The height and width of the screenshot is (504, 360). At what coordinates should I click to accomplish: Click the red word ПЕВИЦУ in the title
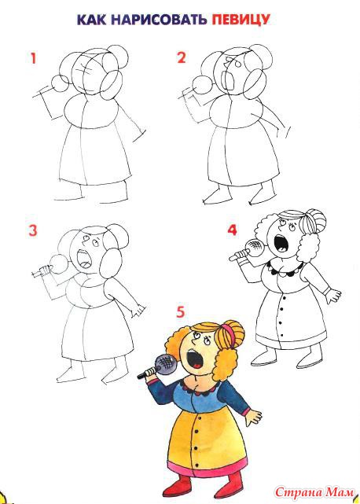coord(241,20)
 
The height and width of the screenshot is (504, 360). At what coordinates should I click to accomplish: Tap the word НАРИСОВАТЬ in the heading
coord(159,20)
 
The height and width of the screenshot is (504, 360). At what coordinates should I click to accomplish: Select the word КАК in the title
coord(92,20)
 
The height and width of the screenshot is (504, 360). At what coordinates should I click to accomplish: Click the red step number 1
coord(33,58)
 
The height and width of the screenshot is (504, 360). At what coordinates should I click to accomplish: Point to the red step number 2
coord(182,58)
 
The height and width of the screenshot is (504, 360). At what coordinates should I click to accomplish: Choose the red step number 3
coord(33,230)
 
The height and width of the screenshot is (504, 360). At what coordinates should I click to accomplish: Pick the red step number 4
coord(232,230)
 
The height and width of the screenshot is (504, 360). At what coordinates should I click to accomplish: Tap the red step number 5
coord(181,312)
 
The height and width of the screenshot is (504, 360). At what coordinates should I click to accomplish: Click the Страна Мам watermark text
coord(314,492)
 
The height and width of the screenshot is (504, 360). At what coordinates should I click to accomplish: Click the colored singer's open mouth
coord(196,359)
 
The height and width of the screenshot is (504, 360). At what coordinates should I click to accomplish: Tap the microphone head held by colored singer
coord(166,364)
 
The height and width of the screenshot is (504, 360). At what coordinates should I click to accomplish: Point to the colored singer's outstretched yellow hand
coord(254,418)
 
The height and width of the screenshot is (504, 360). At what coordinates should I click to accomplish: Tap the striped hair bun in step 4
coord(312,222)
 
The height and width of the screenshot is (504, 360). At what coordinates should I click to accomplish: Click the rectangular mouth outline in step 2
coord(229,82)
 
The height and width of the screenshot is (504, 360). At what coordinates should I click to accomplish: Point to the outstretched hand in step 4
coord(333,295)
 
